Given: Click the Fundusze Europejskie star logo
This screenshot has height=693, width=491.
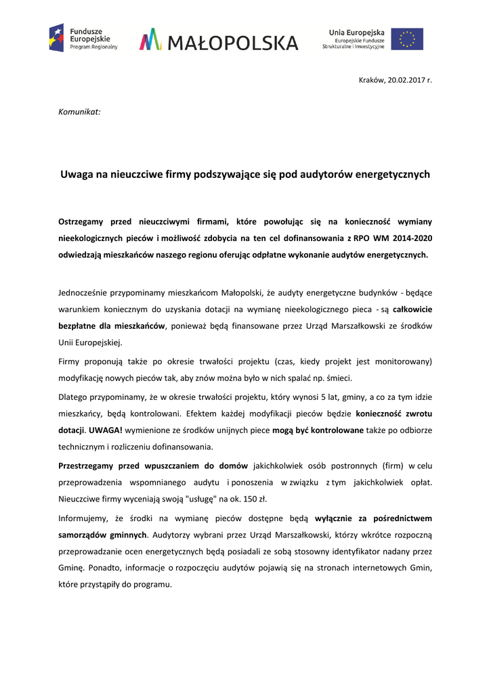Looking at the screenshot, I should click(56, 38).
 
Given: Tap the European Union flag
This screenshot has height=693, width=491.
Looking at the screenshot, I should click(407, 39).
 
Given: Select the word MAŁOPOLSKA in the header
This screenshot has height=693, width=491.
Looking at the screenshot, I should click(232, 43).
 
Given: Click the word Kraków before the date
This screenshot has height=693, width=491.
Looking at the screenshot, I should click(370, 80).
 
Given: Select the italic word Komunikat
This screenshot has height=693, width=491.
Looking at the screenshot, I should click(80, 110).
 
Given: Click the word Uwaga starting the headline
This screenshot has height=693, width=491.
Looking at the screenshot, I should click(75, 175).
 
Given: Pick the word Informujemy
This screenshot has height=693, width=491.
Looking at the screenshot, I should click(83, 518).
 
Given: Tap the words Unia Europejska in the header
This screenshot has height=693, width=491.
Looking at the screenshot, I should click(356, 32).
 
